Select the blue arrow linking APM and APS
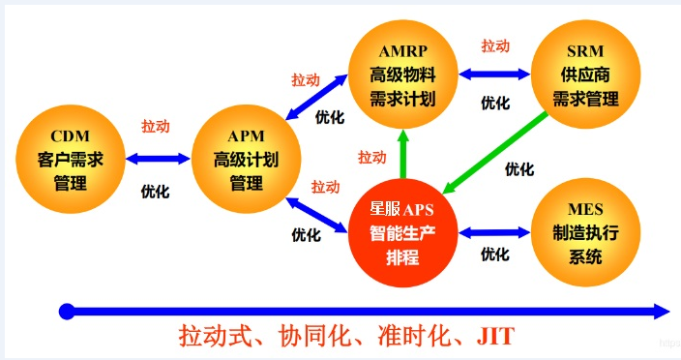pyautogui.click(x=321, y=214)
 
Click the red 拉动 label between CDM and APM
pyautogui.click(x=155, y=127)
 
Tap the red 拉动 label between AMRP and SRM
pyautogui.click(x=495, y=45)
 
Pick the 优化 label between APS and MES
pyautogui.click(x=494, y=255)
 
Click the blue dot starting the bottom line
pyautogui.click(x=66, y=312)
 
